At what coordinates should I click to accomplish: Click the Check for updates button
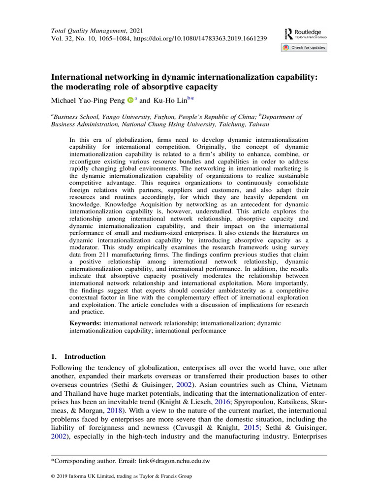click(304, 48)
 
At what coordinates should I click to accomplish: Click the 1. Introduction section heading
click(78, 356)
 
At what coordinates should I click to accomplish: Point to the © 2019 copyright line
click(121, 476)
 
